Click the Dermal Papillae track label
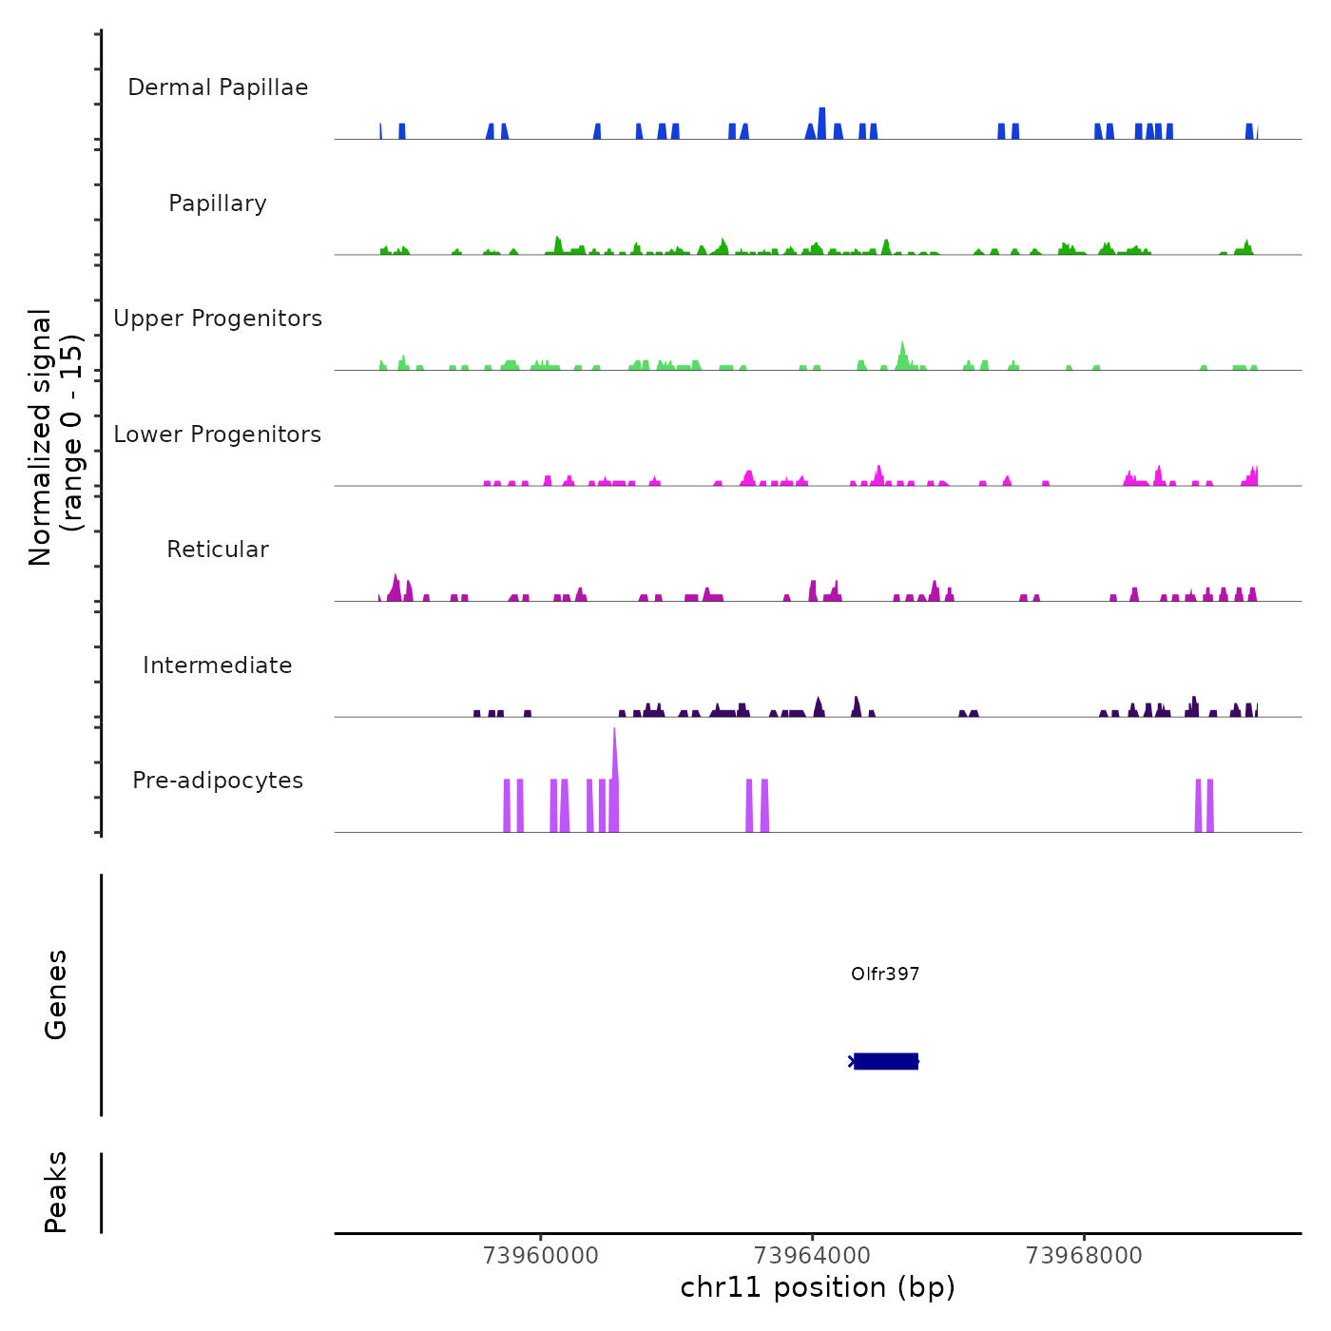click(x=218, y=87)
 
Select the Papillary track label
click(x=218, y=203)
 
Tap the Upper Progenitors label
click(x=218, y=318)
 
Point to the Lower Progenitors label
click(x=218, y=434)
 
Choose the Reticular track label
click(x=218, y=550)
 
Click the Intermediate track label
click(x=218, y=665)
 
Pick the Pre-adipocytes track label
click(x=218, y=781)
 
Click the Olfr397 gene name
click(x=885, y=974)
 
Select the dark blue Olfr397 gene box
click(x=886, y=1061)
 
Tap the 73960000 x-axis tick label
click(x=541, y=1256)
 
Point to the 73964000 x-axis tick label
click(x=813, y=1256)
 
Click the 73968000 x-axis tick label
click(x=1085, y=1256)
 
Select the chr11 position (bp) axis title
click(x=818, y=1287)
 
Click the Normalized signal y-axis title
click(x=55, y=436)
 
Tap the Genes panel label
click(x=56, y=994)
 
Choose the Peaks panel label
click(x=56, y=1192)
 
